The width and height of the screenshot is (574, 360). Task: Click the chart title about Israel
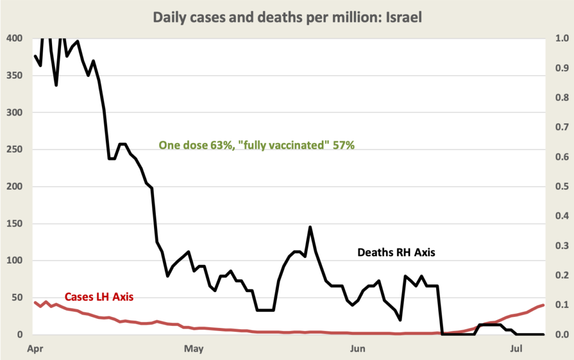[286, 17]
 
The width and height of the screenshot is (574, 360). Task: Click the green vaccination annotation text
[257, 145]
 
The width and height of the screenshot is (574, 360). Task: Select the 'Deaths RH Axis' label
[396, 253]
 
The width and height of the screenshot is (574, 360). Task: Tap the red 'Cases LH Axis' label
[99, 297]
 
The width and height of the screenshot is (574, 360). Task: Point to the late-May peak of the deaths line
[310, 227]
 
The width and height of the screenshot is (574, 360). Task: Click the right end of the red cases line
[543, 305]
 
